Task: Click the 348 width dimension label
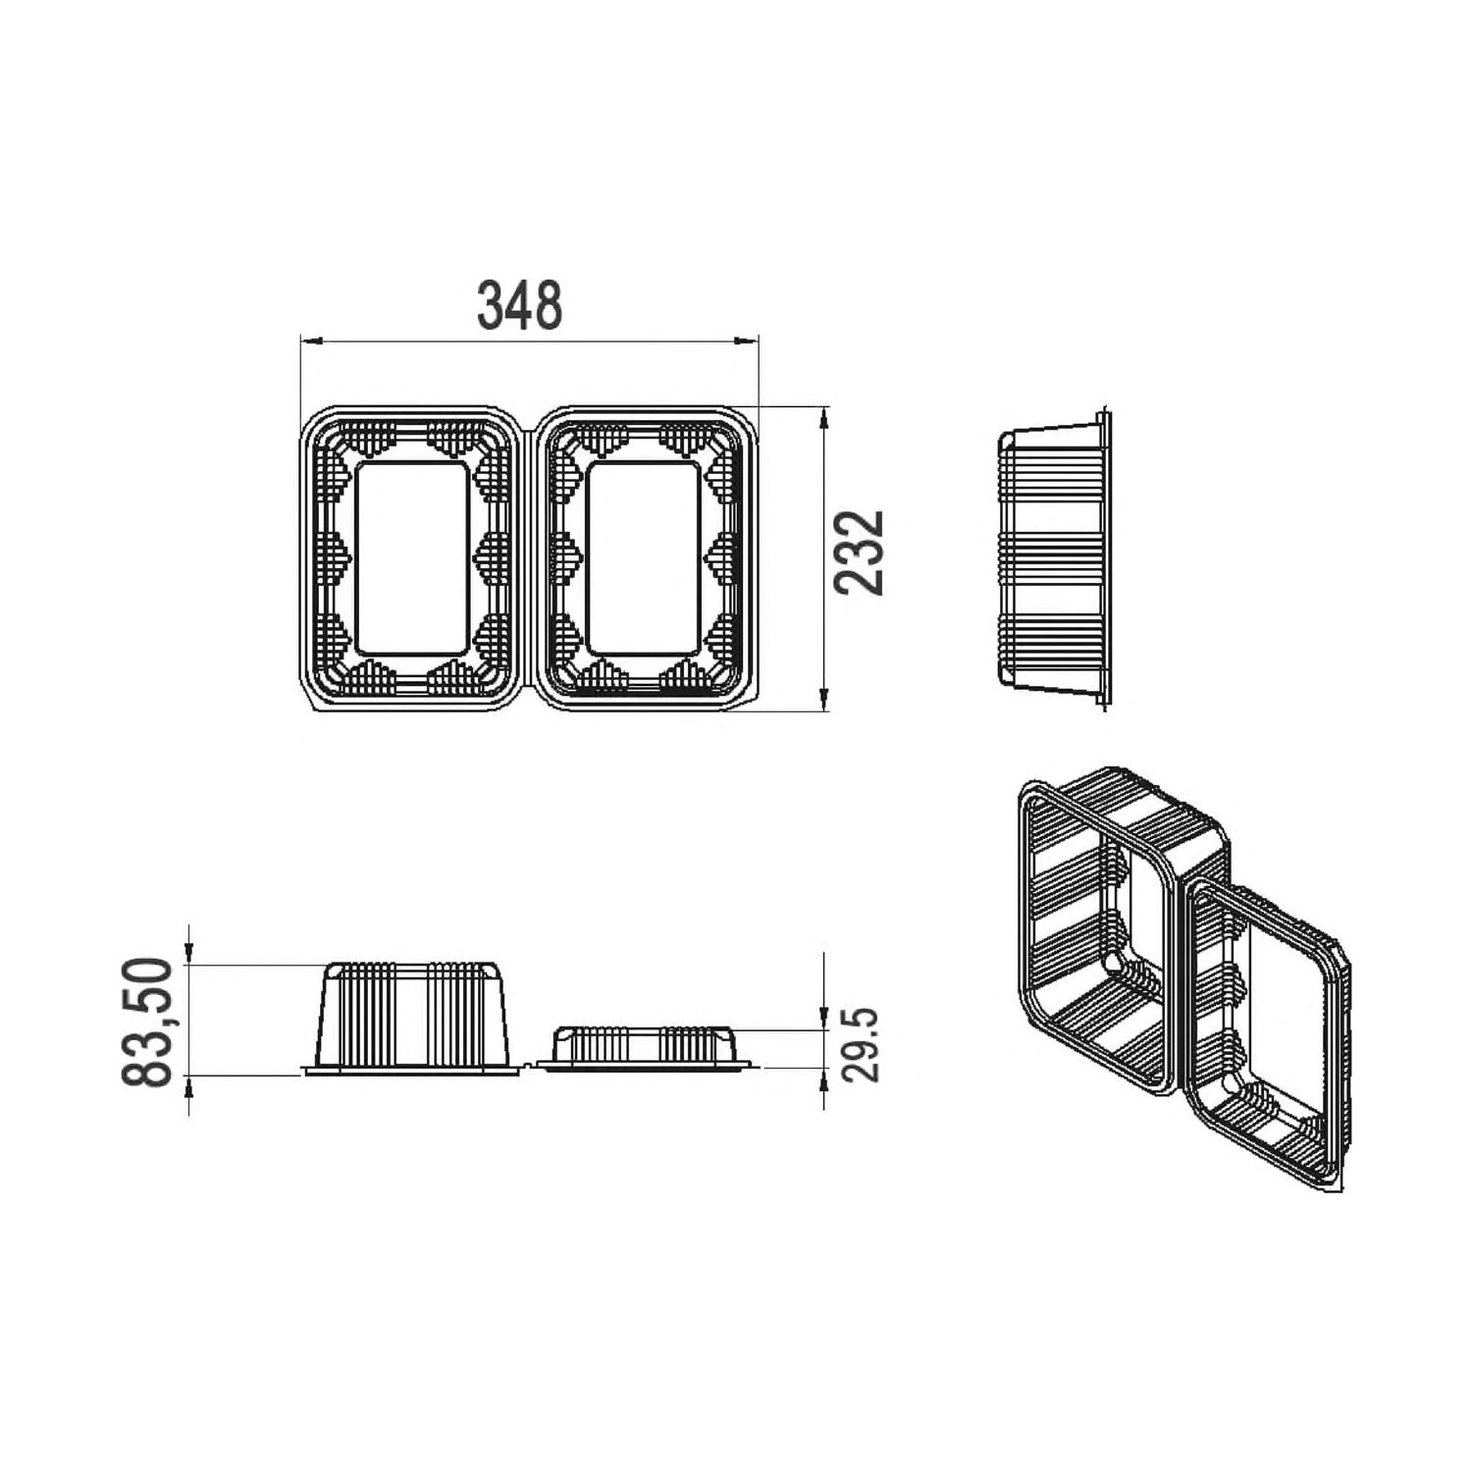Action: [x=519, y=305]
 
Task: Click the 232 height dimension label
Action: [x=860, y=552]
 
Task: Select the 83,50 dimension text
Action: [x=147, y=1022]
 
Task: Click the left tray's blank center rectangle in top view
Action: [x=412, y=557]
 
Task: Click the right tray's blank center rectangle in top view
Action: [x=644, y=557]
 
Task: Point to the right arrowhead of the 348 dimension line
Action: [x=748, y=342]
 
